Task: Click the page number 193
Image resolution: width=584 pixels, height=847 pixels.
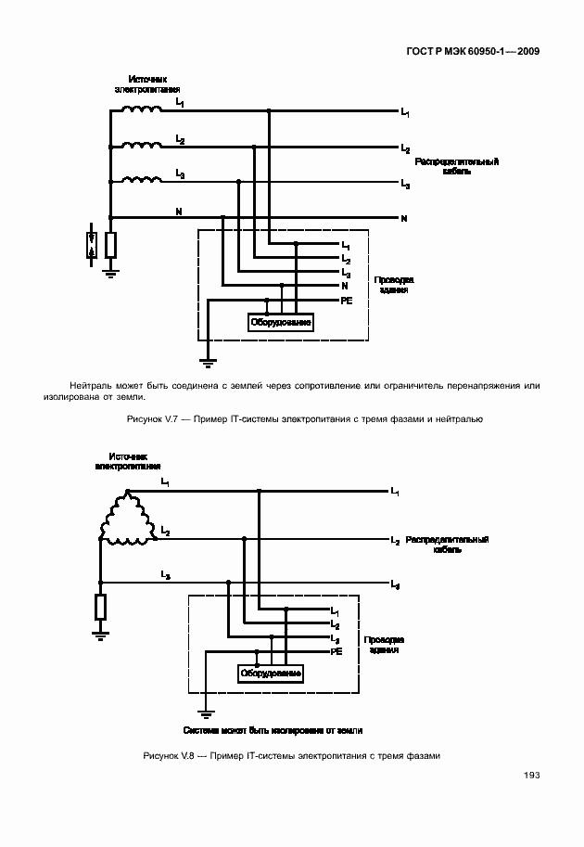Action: click(x=531, y=776)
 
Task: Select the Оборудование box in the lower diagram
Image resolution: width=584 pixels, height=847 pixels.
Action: click(x=271, y=673)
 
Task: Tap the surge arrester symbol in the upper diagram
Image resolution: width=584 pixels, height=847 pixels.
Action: click(x=91, y=244)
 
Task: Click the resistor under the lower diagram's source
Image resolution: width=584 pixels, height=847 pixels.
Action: click(x=100, y=607)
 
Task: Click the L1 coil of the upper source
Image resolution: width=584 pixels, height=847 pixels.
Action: click(x=140, y=109)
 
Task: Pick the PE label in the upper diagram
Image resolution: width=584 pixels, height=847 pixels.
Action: click(x=347, y=301)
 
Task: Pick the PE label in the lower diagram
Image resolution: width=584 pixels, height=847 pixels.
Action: click(x=337, y=652)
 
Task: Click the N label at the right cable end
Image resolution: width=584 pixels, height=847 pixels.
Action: click(x=404, y=219)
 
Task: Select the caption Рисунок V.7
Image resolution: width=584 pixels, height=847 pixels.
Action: click(x=304, y=419)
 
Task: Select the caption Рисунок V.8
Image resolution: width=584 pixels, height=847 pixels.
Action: click(x=291, y=755)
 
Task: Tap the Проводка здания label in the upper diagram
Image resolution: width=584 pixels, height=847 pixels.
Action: click(x=394, y=284)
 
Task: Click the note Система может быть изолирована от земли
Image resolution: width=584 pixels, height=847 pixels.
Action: click(x=273, y=730)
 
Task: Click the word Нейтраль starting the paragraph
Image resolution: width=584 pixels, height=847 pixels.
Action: click(x=91, y=385)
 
